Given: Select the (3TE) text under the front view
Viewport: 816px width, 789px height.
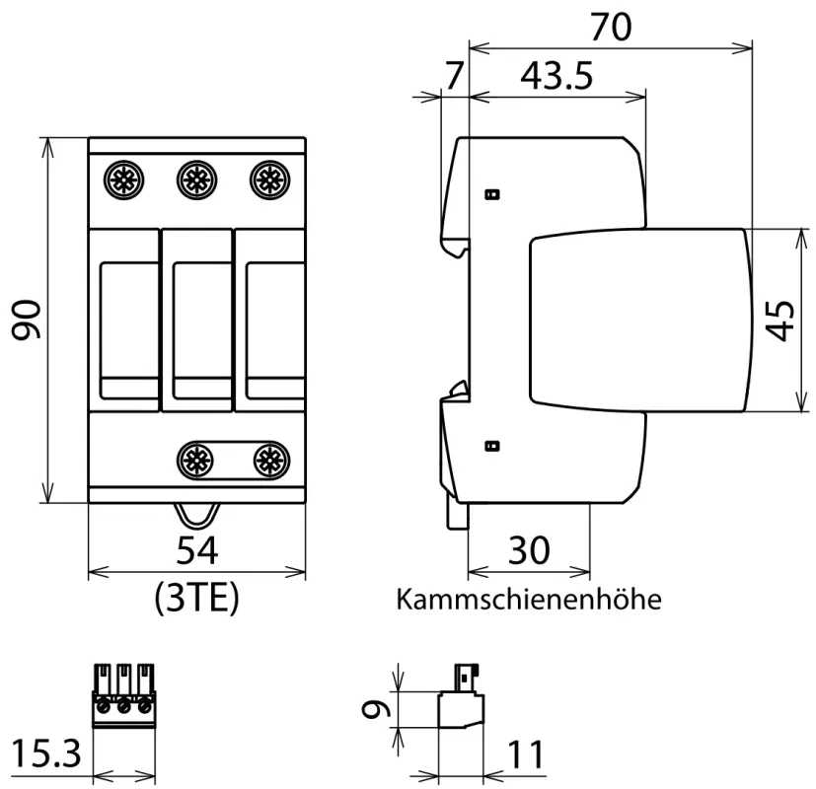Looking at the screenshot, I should [197, 598].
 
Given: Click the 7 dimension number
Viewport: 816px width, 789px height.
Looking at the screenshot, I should [453, 77].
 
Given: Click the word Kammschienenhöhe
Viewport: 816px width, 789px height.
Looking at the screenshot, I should [528, 599].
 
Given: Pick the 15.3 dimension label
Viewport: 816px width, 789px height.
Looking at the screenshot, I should [44, 755].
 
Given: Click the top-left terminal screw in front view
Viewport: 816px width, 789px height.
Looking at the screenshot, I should [125, 179].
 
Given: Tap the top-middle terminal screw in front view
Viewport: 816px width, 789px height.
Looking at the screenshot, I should [196, 179].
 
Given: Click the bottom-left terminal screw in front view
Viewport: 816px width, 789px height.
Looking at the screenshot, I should [196, 458].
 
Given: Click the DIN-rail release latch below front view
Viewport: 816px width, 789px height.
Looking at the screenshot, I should [197, 516].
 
